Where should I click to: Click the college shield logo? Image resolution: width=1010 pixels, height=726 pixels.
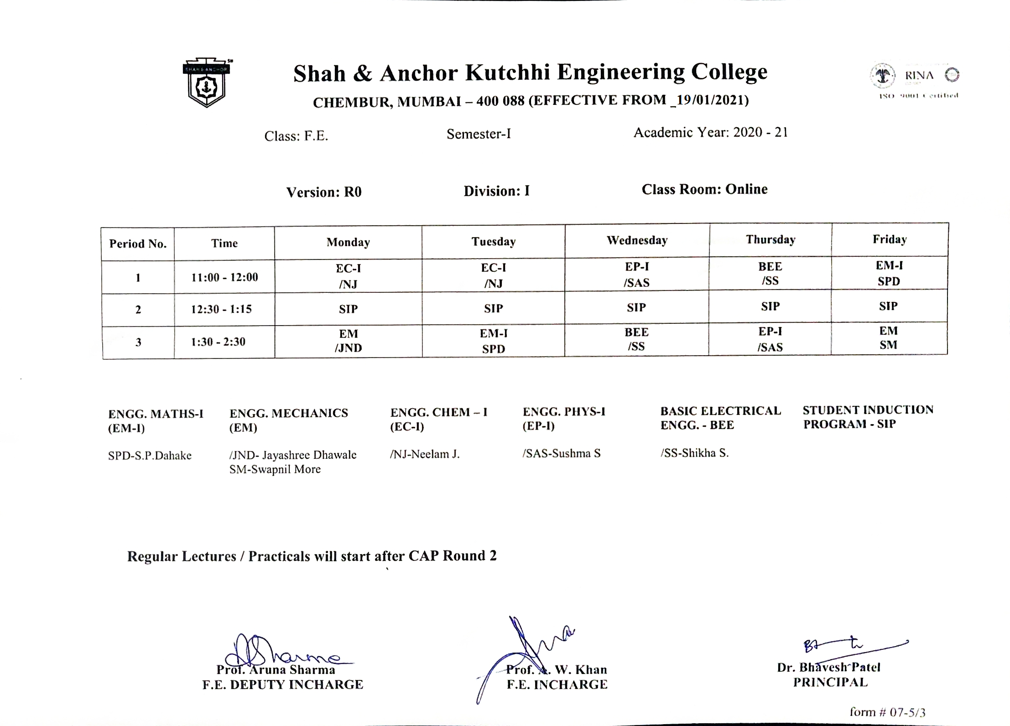pyautogui.click(x=207, y=83)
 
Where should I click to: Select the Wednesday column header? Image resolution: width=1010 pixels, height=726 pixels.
pyautogui.click(x=637, y=240)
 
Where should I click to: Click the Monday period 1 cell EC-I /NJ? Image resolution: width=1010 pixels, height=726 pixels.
pyautogui.click(x=348, y=276)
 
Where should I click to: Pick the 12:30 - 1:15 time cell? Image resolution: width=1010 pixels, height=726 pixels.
pyautogui.click(x=221, y=309)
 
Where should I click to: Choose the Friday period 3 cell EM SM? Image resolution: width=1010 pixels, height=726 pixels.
pyautogui.click(x=888, y=338)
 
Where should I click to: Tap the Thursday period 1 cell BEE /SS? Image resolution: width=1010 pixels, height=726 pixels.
pyautogui.click(x=770, y=273)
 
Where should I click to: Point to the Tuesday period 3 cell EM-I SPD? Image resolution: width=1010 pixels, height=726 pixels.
pyautogui.click(x=493, y=341)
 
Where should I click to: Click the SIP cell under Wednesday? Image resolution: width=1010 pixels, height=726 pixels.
pyautogui.click(x=636, y=308)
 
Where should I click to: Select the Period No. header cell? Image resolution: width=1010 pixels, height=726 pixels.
pyautogui.click(x=138, y=244)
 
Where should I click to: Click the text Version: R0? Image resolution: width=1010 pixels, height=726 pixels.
pyautogui.click(x=324, y=192)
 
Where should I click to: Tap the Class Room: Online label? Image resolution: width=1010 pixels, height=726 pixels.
pyautogui.click(x=704, y=189)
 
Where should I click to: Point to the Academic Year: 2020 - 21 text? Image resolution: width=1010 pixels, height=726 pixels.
pyautogui.click(x=710, y=133)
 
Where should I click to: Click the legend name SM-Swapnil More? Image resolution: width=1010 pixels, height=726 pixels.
pyautogui.click(x=275, y=469)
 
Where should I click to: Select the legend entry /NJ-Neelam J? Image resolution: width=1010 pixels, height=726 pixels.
pyautogui.click(x=424, y=454)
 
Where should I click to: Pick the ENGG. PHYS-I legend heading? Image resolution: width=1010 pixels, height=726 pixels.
pyautogui.click(x=564, y=412)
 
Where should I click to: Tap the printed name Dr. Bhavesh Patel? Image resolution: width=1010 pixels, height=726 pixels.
pyautogui.click(x=828, y=668)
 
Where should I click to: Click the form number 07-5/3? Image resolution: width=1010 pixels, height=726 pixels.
pyautogui.click(x=887, y=712)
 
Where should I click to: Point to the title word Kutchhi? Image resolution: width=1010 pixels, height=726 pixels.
pyautogui.click(x=507, y=73)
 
